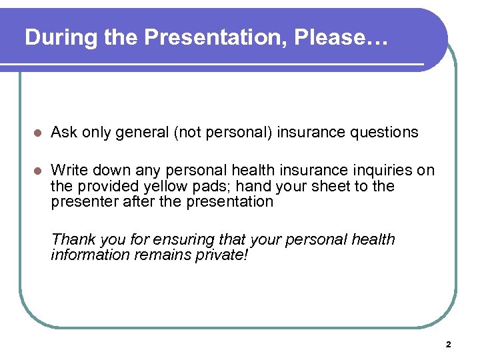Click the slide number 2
pos(448,345)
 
